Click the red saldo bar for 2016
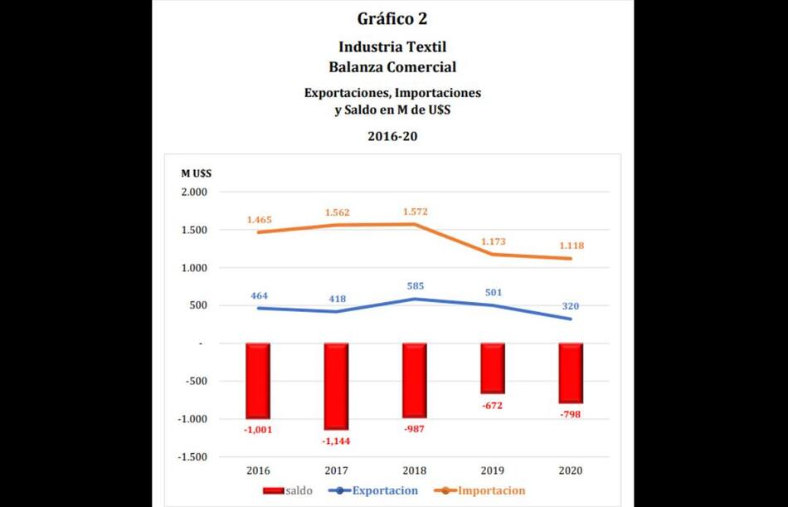pos(257,381)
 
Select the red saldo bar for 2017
pos(336,386)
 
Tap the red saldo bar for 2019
pos(492,368)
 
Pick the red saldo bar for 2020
pos(571,373)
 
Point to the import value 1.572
pos(416,212)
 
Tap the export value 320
pos(570,306)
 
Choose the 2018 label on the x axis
pos(414,470)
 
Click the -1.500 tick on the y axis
pos(193,457)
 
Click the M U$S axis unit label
pos(197,173)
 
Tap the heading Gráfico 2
pos(393,18)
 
